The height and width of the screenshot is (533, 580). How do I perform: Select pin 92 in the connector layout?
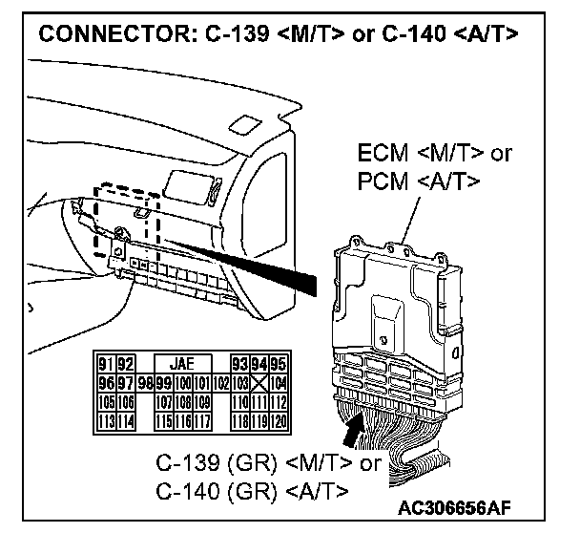[124, 363]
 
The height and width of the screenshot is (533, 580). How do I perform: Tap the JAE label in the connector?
[179, 363]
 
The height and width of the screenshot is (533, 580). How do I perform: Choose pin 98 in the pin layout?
[143, 380]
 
